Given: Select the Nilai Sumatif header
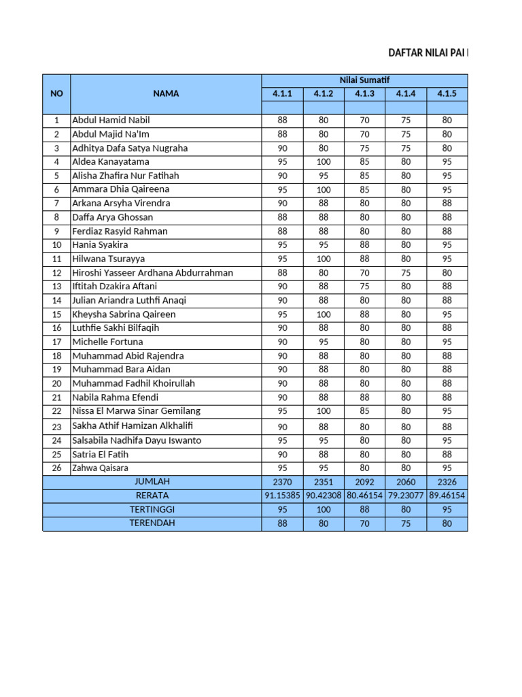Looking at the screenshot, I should click(x=364, y=80).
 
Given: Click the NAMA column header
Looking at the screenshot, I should click(x=166, y=94).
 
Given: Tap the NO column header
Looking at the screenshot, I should click(x=56, y=94).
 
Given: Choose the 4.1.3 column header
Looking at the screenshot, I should click(x=365, y=94).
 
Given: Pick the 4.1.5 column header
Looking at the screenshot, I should click(x=447, y=94).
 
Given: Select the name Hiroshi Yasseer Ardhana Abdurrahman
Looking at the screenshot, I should click(x=152, y=273).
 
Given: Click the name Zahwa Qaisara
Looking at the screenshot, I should click(x=100, y=468).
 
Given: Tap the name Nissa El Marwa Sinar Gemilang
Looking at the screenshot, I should click(x=136, y=411).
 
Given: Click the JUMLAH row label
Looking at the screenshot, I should click(x=152, y=482).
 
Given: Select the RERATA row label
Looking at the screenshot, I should click(x=152, y=496).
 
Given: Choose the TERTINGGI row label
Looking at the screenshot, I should click(x=152, y=510).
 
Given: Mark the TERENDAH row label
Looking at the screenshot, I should click(x=152, y=523).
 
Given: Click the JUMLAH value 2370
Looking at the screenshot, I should click(x=282, y=482).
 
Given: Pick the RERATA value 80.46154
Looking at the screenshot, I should click(x=365, y=496).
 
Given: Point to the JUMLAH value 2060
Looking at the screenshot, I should click(x=406, y=482).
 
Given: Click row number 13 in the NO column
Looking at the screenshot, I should click(x=56, y=287).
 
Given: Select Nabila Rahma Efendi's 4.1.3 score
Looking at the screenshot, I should click(x=365, y=398).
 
